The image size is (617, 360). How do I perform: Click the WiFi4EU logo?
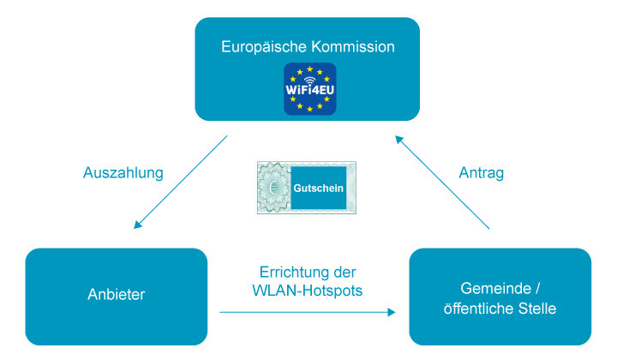tap(309, 89)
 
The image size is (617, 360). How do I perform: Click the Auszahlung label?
tap(123, 173)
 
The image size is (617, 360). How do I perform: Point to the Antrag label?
tap(482, 173)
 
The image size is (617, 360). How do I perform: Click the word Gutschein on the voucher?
tap(318, 188)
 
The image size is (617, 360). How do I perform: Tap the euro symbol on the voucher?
tap(274, 188)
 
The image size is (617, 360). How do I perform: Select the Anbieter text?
tap(116, 294)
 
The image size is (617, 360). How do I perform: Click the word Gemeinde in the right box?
tap(496, 288)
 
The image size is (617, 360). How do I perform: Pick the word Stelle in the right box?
tap(537, 309)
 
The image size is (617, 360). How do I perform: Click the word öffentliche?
tap(479, 309)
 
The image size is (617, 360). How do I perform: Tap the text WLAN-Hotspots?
tap(308, 291)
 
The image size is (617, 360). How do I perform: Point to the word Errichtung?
tap(291, 273)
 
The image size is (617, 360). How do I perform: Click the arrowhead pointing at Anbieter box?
tap(137, 225)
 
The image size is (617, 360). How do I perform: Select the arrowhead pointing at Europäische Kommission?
tap(399, 140)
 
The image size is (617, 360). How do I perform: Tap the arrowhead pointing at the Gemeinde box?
tap(392, 312)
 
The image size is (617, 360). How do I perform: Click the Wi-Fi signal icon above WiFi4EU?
tap(309, 80)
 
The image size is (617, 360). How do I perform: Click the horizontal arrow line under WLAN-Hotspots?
tap(308, 312)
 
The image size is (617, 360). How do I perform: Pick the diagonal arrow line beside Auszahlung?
tap(180, 183)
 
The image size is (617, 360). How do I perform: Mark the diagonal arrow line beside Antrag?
tap(442, 183)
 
